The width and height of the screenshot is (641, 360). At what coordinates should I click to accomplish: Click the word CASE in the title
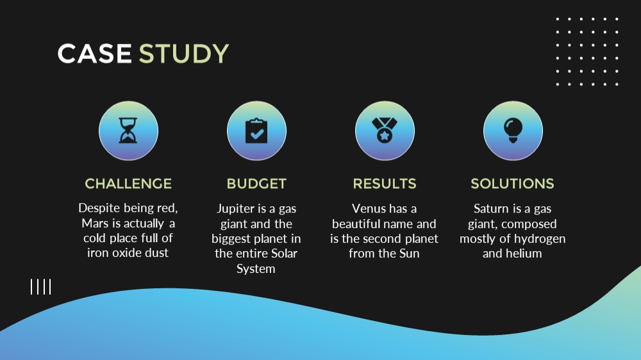94,54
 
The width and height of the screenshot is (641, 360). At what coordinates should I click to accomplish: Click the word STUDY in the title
184,54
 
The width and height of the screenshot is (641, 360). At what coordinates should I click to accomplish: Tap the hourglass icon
128,130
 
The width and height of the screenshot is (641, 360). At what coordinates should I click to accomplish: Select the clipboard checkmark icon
256,131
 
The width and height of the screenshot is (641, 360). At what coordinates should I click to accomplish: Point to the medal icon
385,130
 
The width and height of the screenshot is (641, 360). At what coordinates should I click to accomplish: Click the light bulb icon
513,130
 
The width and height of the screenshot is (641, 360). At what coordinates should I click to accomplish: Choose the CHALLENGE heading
128,184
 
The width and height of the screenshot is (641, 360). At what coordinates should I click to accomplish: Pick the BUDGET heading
257,184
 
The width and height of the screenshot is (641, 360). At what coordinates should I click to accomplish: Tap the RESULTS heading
385,184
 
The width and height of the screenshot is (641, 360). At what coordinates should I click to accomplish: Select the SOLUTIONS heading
512,184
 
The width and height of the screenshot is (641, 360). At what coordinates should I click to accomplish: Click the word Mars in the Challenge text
95,223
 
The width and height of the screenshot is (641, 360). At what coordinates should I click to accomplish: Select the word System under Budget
256,269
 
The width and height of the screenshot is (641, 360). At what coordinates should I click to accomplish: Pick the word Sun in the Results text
409,254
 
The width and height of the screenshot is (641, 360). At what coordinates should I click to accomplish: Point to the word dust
157,252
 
